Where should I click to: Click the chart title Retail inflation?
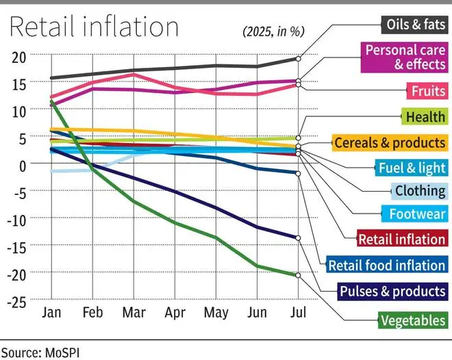coord(94,27)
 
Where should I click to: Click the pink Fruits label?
coord(427,91)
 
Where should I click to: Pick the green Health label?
coord(425,117)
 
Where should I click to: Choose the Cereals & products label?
coord(390,143)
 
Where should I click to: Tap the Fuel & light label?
coord(412,167)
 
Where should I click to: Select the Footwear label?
coord(417,214)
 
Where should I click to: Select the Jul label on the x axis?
coord(298,312)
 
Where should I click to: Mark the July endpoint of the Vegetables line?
coord(298,275)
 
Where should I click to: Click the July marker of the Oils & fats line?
coord(298,58)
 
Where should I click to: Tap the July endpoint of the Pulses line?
coord(298,238)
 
